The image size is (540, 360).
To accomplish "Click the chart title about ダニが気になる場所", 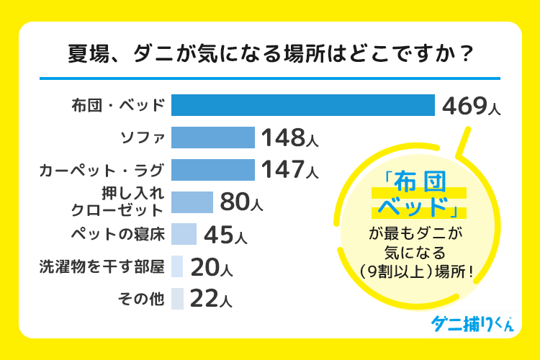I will click(x=270, y=55).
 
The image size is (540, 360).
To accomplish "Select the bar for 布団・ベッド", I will click(x=303, y=105).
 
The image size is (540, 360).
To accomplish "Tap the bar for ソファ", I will click(x=213, y=138).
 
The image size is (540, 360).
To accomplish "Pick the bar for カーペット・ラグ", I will click(x=213, y=170).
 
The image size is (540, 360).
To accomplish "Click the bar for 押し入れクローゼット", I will click(x=192, y=202).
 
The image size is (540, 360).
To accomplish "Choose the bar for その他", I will click(x=178, y=298).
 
